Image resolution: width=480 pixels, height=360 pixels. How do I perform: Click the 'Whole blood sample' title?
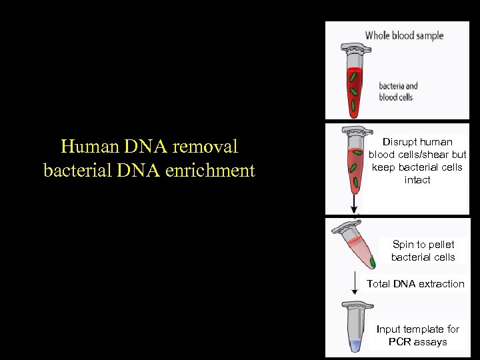(x=404, y=35)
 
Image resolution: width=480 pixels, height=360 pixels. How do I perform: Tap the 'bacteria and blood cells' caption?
(x=398, y=91)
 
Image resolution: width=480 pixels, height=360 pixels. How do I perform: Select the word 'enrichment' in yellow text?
(x=213, y=171)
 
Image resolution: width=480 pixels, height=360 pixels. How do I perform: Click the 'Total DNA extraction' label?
(x=415, y=283)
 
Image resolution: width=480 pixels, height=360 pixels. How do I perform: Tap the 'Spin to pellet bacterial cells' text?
(x=423, y=251)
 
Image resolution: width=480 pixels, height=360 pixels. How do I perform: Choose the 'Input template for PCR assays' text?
(x=417, y=335)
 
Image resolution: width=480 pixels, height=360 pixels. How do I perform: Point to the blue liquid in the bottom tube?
(x=355, y=345)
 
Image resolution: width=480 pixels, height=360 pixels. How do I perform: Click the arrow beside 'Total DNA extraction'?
(x=355, y=285)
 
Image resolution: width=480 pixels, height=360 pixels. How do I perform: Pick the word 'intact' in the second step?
(x=417, y=180)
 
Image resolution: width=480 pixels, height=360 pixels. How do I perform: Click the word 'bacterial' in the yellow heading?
(x=73, y=171)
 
